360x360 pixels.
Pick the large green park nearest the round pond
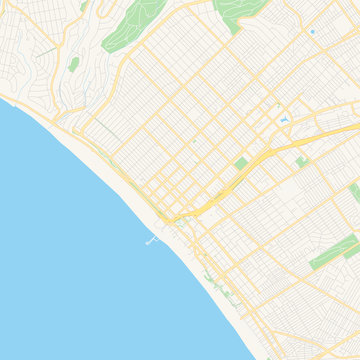240,12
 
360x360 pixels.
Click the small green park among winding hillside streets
74,64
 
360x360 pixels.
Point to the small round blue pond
312,32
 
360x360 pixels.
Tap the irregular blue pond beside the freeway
284,121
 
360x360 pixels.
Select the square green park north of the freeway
240,162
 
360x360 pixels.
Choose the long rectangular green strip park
333,252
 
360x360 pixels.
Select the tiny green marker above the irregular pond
279,105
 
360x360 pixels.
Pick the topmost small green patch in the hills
84,6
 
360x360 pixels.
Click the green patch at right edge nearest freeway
355,191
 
